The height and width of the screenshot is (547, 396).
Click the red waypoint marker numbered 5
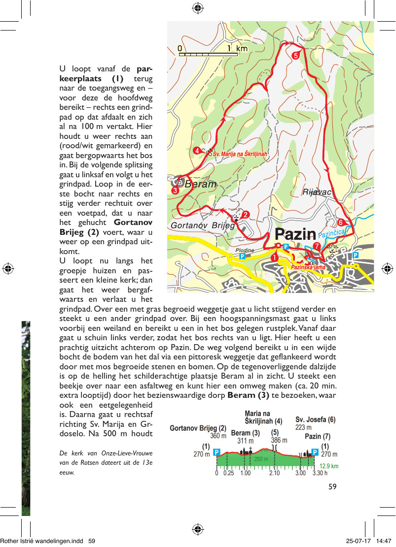pyautogui.click(x=296, y=56)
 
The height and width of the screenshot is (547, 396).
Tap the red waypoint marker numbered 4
pyautogui.click(x=197, y=151)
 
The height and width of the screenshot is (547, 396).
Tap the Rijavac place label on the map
pyautogui.click(x=317, y=192)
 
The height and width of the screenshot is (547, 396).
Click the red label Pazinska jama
pyautogui.click(x=308, y=267)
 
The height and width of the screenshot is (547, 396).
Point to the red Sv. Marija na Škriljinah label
pyautogui.click(x=240, y=154)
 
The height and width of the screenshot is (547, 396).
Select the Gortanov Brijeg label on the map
pyautogui.click(x=203, y=225)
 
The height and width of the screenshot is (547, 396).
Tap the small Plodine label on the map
pyautogui.click(x=245, y=250)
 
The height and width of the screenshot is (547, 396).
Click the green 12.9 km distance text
pyautogui.click(x=329, y=466)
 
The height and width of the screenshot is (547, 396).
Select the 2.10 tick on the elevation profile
pyautogui.click(x=274, y=474)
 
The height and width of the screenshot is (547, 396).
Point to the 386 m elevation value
pyautogui.click(x=279, y=440)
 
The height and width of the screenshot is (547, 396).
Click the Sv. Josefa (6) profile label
pyautogui.click(x=315, y=420)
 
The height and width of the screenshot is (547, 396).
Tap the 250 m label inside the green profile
pyautogui.click(x=261, y=459)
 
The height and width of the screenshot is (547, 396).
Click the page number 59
pyautogui.click(x=332, y=486)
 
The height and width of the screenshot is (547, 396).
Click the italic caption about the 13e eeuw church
pyautogui.click(x=106, y=462)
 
